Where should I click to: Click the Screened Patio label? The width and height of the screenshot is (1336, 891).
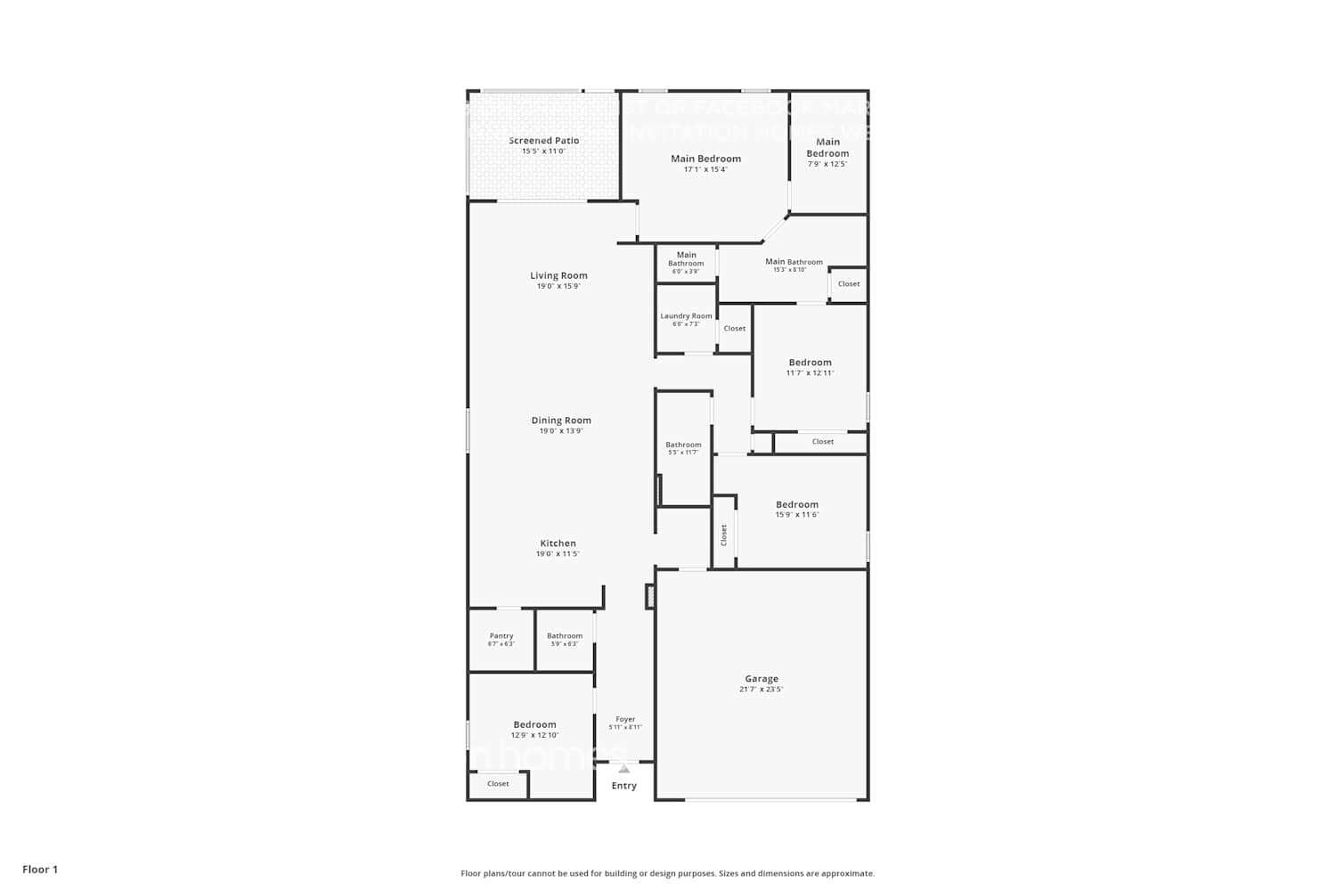click(x=543, y=141)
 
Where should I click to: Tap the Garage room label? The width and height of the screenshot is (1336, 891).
click(x=762, y=679)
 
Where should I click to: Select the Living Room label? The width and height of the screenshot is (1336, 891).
click(x=558, y=276)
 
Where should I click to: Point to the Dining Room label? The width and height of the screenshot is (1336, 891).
click(x=561, y=421)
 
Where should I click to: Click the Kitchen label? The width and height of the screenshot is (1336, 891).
click(x=558, y=544)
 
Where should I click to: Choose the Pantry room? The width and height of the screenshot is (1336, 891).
click(x=501, y=640)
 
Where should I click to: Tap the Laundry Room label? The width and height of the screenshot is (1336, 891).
click(x=686, y=316)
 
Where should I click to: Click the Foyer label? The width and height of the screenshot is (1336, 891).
click(x=625, y=719)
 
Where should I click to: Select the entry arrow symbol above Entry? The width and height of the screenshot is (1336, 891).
click(x=624, y=769)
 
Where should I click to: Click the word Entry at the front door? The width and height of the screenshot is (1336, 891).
click(x=624, y=786)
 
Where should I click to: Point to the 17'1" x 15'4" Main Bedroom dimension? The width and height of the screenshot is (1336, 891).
click(x=705, y=169)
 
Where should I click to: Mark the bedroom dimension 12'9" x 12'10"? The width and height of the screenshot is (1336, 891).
click(x=534, y=735)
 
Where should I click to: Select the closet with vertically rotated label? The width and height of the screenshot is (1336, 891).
click(x=724, y=535)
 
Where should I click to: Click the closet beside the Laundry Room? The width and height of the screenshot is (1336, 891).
click(x=735, y=329)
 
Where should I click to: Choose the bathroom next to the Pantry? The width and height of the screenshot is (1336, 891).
click(x=565, y=640)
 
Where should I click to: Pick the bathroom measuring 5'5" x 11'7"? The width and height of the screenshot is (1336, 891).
click(x=683, y=448)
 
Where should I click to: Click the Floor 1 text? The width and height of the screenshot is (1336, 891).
click(x=40, y=870)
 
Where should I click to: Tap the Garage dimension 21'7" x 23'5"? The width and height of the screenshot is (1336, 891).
click(x=762, y=690)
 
